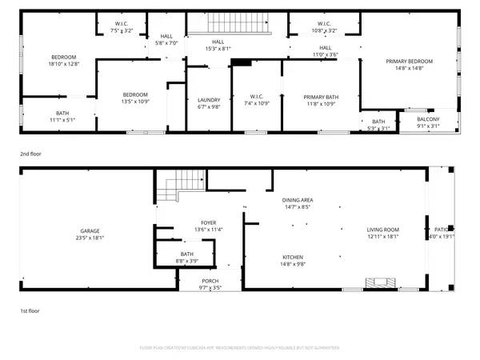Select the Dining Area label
point(297,202)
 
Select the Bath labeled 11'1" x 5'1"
point(62,116)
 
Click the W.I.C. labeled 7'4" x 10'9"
point(256,100)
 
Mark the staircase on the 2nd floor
point(237,22)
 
